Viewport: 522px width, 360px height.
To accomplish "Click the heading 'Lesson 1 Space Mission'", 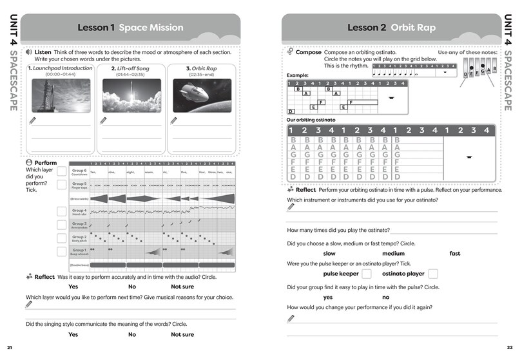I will pos(130,28).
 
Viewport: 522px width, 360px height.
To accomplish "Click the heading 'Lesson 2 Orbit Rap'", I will pos(391,28).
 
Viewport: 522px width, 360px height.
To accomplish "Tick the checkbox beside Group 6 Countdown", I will pos(61,171).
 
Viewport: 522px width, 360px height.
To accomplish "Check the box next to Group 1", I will pos(61,251).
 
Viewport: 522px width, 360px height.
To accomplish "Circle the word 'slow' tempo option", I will pos(329,253).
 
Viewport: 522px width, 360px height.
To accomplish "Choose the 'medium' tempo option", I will pos(393,253).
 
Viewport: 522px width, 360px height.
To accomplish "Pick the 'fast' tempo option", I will pos(455,253).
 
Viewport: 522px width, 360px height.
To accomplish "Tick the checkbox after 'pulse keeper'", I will pos(367,274).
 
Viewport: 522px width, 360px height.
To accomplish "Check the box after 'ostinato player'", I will pos(433,274).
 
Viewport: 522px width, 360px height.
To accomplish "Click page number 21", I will pos(10,348).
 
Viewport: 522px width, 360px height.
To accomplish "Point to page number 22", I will pos(510,348).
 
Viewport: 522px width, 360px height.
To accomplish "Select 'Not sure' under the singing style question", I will pos(182,334).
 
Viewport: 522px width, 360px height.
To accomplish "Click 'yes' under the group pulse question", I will pos(328,297).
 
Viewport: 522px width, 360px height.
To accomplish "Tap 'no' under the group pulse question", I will pos(385,297).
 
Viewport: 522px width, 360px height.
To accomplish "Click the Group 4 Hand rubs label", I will pos(79,211).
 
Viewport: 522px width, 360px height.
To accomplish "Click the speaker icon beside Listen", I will pos(30,52).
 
